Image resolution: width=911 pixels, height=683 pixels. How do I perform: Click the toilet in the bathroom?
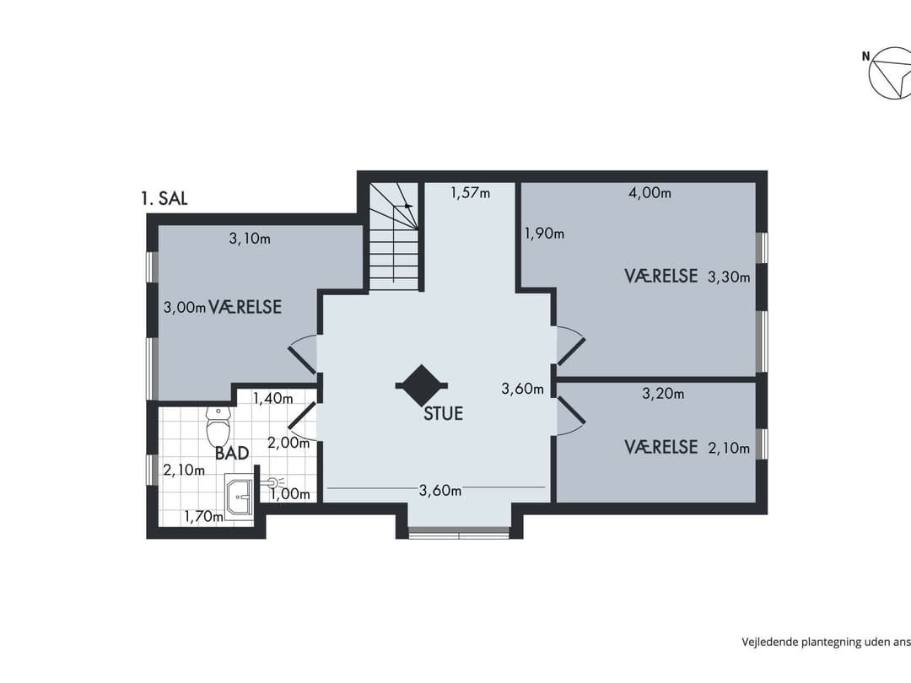pyautogui.click(x=218, y=425)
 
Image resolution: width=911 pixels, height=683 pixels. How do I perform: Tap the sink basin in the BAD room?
pyautogui.click(x=239, y=494)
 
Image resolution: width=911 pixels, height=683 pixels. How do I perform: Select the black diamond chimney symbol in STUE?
pyautogui.click(x=421, y=385)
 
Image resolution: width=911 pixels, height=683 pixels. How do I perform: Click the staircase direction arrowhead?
pyautogui.click(x=409, y=205)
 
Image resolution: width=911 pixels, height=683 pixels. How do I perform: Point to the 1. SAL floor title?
pyautogui.click(x=164, y=199)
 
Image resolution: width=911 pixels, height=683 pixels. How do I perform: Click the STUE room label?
pyautogui.click(x=444, y=413)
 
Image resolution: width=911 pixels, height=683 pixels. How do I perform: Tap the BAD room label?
pyautogui.click(x=232, y=453)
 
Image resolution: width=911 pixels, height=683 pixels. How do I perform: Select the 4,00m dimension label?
pyautogui.click(x=650, y=193)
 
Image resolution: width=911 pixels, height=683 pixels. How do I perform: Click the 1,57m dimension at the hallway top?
pyautogui.click(x=470, y=193)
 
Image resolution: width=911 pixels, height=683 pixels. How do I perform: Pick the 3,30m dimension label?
pyautogui.click(x=729, y=277)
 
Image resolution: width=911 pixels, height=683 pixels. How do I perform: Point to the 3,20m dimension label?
pyautogui.click(x=663, y=394)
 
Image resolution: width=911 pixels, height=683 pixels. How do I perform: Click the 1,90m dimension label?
pyautogui.click(x=544, y=234)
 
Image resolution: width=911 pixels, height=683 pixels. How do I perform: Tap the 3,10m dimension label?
pyautogui.click(x=250, y=239)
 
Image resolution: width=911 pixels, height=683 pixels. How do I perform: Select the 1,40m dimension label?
pyautogui.click(x=273, y=398)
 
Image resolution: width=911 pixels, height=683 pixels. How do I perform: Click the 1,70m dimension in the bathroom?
pyautogui.click(x=204, y=516)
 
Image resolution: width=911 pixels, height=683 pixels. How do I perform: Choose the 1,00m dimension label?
pyautogui.click(x=290, y=494)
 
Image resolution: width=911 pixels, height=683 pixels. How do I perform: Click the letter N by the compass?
pyautogui.click(x=865, y=56)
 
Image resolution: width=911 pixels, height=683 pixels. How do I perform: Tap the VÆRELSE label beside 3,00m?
pyautogui.click(x=245, y=307)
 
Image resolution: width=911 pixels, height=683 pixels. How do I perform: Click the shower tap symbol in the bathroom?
pyautogui.click(x=273, y=481)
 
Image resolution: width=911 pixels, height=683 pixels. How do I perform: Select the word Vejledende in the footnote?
pyautogui.click(x=770, y=642)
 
